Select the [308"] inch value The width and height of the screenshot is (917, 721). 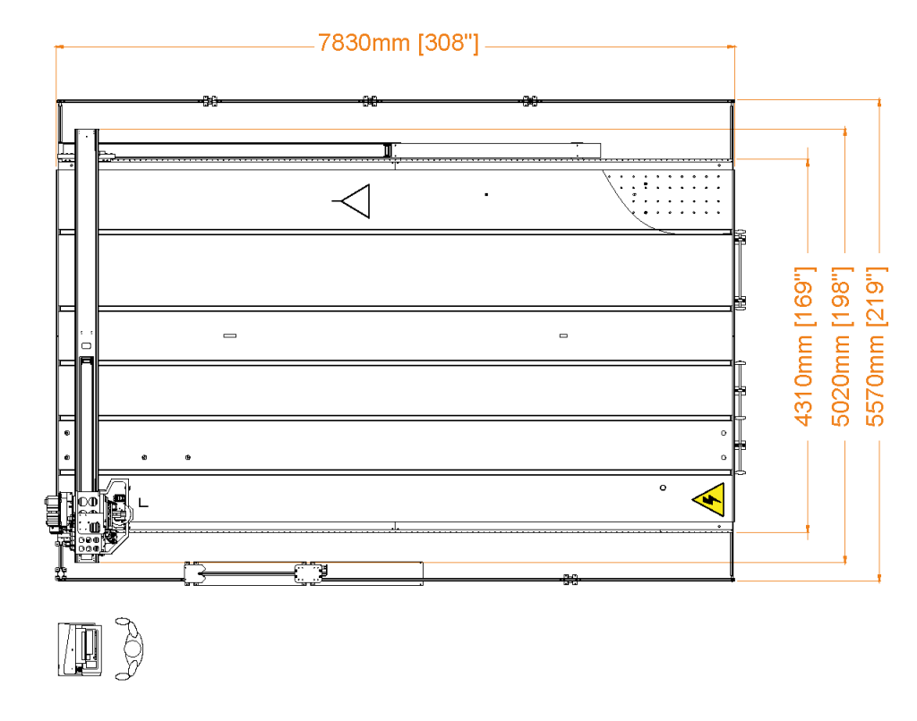point(449,43)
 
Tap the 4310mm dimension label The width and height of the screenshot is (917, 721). point(804,381)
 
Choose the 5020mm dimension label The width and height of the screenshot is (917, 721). point(841,381)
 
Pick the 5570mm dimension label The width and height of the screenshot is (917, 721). point(877,381)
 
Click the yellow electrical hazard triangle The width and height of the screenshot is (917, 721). point(710,500)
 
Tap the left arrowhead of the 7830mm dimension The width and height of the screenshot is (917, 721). point(60,47)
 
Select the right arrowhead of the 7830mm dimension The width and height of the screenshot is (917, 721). point(732,47)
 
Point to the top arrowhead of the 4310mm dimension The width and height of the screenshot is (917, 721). point(808,163)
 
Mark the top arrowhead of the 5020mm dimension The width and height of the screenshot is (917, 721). point(844,132)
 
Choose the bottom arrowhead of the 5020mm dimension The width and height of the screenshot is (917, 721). point(844,559)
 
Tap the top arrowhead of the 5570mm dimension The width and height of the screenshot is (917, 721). point(879,103)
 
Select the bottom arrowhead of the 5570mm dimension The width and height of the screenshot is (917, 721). point(879,578)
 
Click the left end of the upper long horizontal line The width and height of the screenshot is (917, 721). point(101,129)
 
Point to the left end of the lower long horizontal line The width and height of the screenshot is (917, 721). point(101,563)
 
